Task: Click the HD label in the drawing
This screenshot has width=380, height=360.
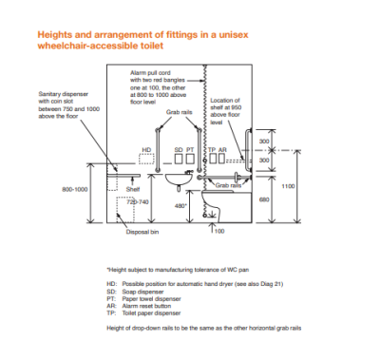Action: (x=146, y=150)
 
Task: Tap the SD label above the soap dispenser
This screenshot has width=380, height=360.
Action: (x=179, y=150)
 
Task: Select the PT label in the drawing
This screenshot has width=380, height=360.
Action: (x=190, y=150)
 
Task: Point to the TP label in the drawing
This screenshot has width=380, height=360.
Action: (x=211, y=150)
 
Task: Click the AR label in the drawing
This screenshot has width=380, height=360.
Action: (x=222, y=150)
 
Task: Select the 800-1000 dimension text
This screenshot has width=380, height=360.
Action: (x=75, y=190)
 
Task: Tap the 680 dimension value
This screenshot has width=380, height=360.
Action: (x=265, y=199)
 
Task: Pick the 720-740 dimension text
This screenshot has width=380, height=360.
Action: (x=138, y=202)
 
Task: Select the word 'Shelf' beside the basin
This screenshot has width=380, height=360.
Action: (x=134, y=189)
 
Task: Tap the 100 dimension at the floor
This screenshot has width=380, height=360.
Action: (x=219, y=231)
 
